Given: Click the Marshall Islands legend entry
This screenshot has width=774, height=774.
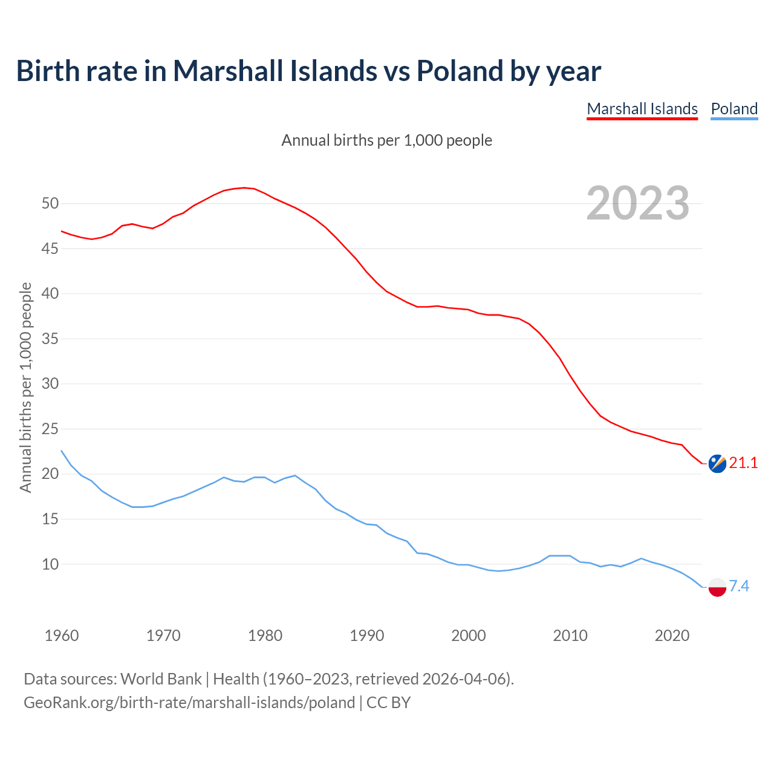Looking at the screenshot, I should [x=642, y=109].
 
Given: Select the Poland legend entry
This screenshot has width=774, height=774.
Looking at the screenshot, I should [x=734, y=109].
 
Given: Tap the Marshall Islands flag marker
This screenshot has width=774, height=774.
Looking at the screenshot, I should [x=717, y=464].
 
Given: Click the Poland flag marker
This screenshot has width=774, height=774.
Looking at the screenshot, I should [x=717, y=587].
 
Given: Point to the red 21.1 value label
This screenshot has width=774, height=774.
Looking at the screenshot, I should [x=743, y=463].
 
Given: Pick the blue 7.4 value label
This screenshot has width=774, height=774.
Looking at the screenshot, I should [x=739, y=586].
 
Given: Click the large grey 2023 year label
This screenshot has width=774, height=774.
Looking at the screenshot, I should [x=638, y=203].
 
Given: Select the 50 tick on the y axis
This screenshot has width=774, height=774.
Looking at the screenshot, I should [x=50, y=203].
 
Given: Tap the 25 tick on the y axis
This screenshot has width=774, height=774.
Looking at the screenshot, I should [x=50, y=429].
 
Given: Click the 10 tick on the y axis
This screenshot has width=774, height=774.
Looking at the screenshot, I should [x=50, y=564].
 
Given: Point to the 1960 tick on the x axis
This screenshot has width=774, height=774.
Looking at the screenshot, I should [x=62, y=636].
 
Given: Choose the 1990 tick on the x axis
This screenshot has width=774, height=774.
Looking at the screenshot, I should [x=367, y=636].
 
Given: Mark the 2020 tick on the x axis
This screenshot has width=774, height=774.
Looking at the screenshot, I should [x=672, y=636].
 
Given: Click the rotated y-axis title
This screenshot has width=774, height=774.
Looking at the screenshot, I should [x=25, y=387].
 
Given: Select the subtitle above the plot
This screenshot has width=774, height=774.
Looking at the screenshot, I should [x=387, y=140].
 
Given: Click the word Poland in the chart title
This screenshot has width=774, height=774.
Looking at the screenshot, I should [x=460, y=71].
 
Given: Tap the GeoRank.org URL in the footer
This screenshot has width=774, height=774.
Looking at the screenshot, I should [x=189, y=703].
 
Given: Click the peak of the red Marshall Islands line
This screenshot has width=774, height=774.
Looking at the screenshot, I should [x=244, y=187].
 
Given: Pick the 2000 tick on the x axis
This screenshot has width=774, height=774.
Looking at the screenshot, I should [x=469, y=636].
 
